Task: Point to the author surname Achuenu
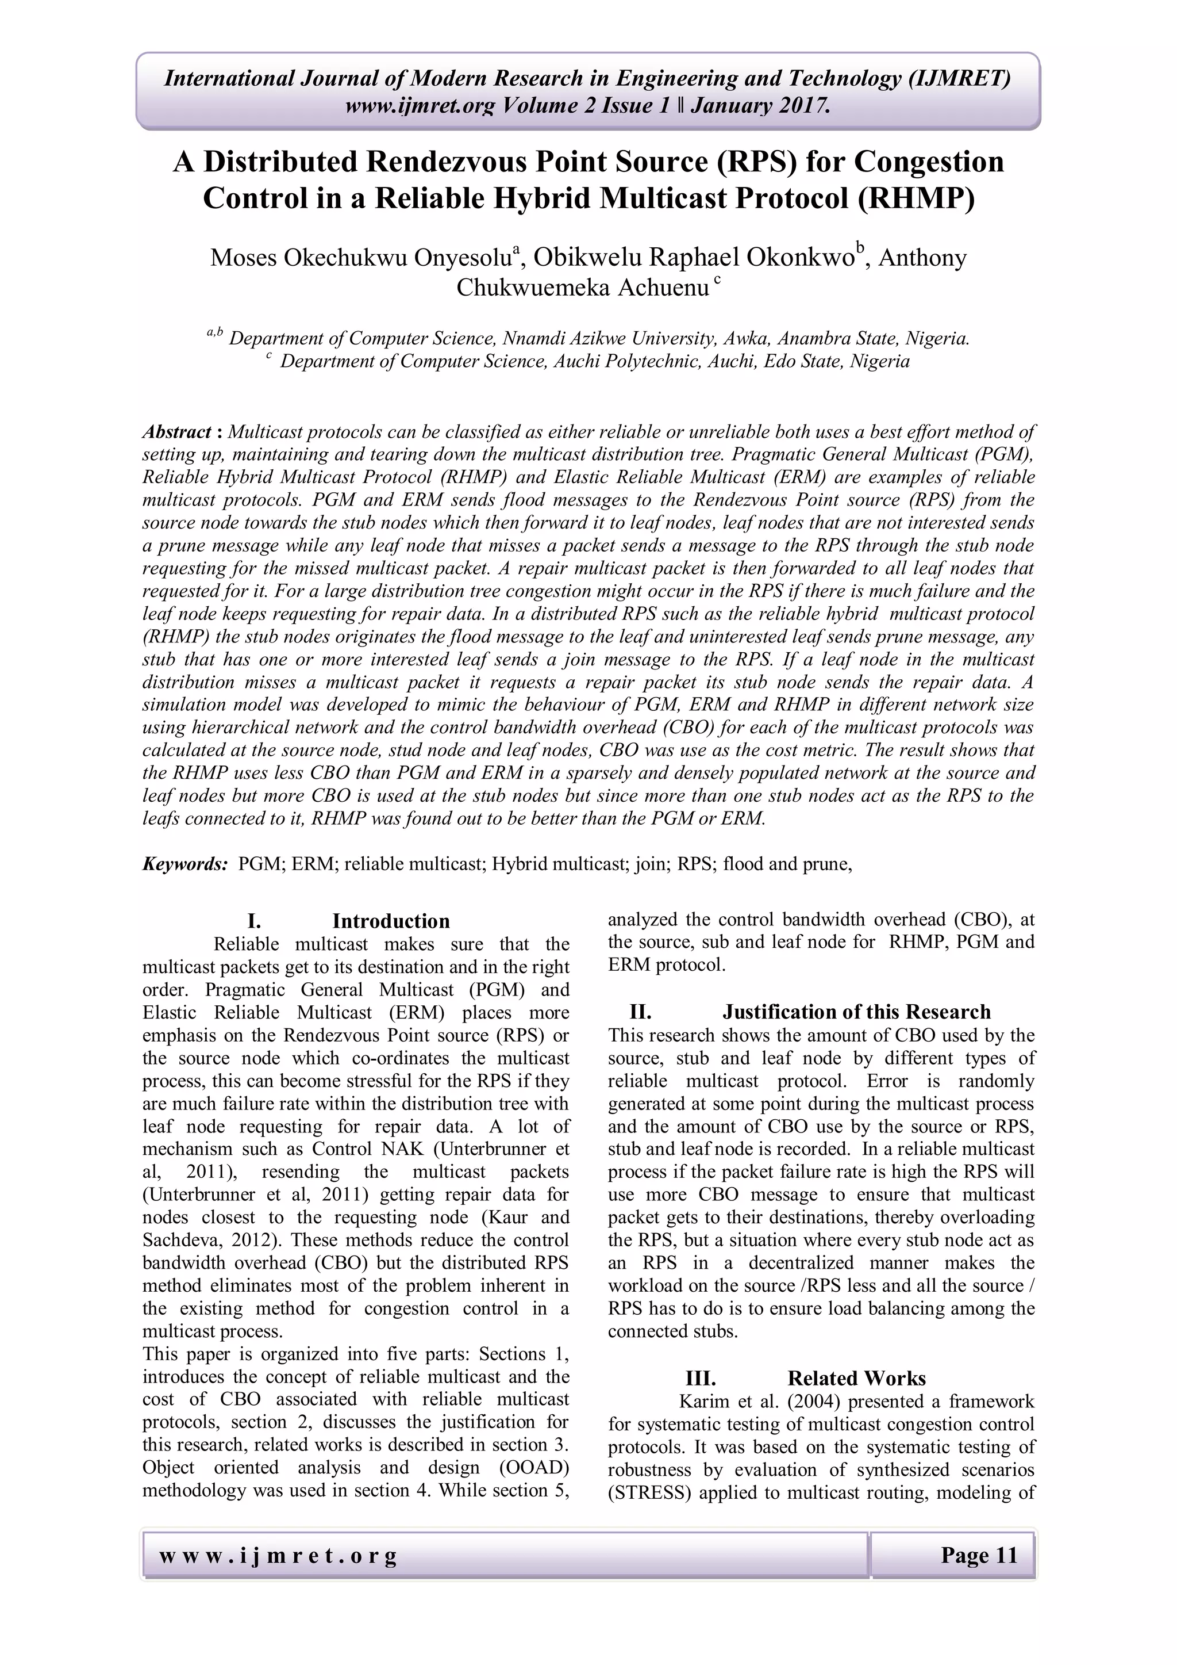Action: [663, 288]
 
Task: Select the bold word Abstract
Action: [176, 432]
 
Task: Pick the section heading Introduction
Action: [391, 921]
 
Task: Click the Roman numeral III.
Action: [700, 1378]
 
